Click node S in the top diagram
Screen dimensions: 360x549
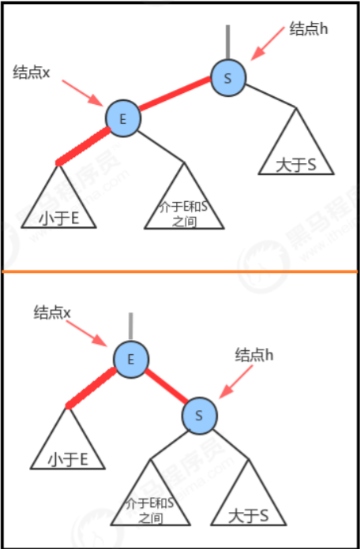pos(228,78)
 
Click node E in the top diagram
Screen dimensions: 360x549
pos(123,118)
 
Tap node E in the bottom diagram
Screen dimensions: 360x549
pos(131,359)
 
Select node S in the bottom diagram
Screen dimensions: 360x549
pos(199,416)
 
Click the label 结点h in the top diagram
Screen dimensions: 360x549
pos(308,29)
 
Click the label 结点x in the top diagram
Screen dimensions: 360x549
pos(32,73)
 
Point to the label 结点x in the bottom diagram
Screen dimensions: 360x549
pos(52,312)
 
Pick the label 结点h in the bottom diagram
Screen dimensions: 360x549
pos(253,356)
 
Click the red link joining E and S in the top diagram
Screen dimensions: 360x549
pos(174,94)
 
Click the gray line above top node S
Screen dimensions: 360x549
pos(228,42)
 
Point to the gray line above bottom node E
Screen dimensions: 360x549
pos(131,327)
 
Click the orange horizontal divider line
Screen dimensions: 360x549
pos(180,271)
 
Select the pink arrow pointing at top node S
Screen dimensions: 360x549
pos(268,43)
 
